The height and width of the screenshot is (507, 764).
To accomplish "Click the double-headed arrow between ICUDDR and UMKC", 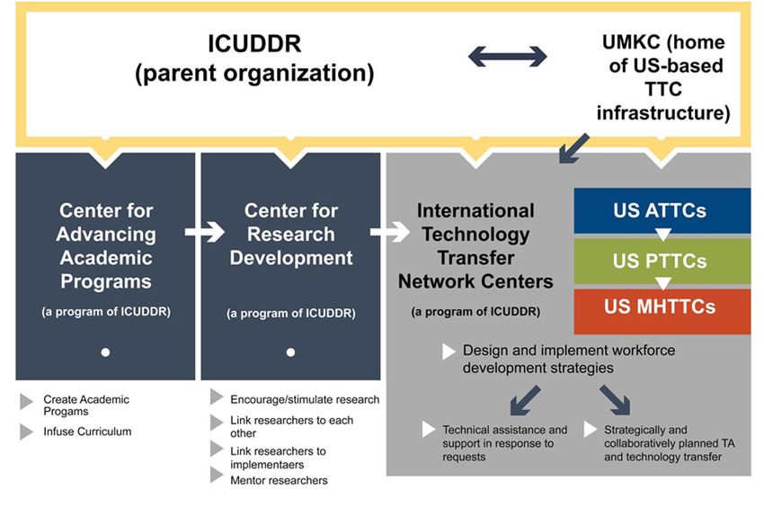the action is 507,57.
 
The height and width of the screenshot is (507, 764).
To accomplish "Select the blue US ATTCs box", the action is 662,210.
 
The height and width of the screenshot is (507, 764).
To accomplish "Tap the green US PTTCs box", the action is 662,262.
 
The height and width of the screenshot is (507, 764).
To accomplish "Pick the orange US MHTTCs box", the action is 662,312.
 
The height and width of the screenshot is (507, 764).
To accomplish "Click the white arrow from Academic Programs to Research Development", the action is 205,232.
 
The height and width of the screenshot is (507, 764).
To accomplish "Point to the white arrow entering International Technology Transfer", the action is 390,232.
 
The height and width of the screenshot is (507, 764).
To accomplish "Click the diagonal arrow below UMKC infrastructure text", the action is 574,148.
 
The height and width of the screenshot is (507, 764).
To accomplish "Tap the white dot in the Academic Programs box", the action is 105,352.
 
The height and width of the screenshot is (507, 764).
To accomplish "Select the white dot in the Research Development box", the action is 291,352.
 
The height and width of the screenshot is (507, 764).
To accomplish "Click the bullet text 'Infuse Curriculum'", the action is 87,431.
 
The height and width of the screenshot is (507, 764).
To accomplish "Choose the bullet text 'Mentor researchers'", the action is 279,480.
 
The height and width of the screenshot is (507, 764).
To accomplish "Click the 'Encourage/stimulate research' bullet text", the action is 305,399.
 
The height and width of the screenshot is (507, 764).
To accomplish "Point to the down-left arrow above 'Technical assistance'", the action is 525,400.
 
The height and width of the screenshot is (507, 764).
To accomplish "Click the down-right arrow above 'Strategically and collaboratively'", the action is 615,400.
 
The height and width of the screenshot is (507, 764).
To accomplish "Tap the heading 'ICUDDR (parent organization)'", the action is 254,58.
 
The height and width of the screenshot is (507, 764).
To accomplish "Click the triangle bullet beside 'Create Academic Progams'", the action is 26,402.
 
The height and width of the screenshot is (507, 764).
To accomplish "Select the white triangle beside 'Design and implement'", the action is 449,351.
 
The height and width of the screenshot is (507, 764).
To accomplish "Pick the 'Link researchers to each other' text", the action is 291,427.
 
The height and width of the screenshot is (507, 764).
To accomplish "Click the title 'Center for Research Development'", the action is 291,234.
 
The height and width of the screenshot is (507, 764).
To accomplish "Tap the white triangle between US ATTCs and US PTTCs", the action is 662,236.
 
